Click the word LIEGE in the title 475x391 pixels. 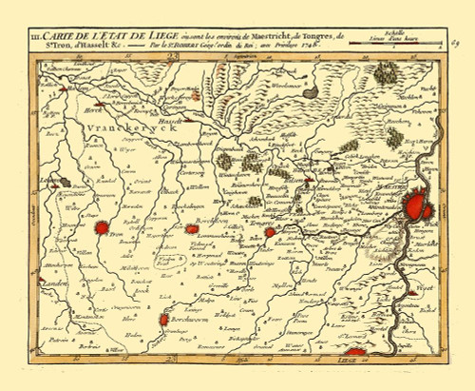click(151, 37)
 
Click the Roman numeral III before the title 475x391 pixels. click(37, 37)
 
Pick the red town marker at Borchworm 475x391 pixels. click(167, 319)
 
